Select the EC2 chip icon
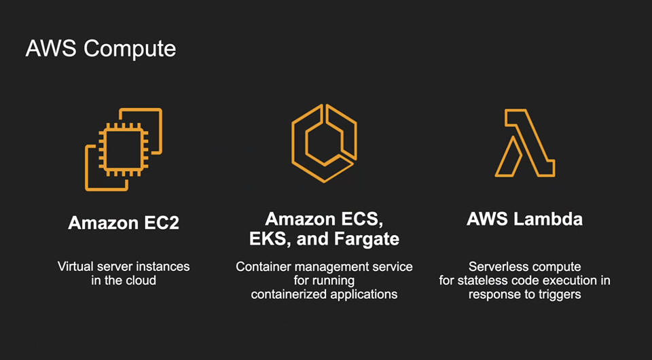[x=124, y=149]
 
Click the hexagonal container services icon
[x=325, y=143]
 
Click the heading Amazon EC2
[x=124, y=223]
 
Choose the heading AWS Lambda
[x=524, y=219]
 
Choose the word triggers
[x=559, y=294]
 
